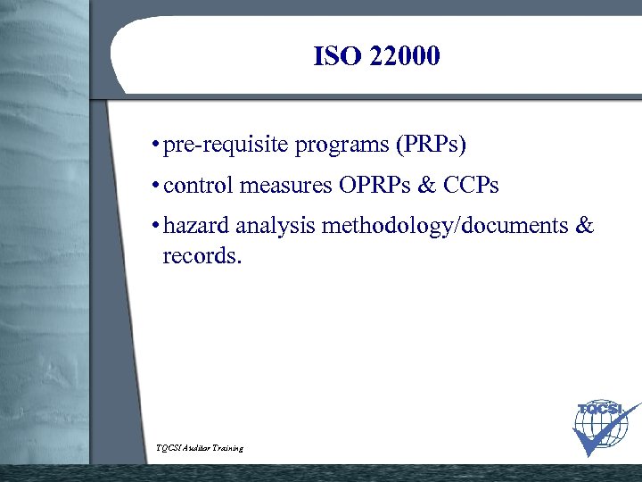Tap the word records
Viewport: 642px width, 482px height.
click(202, 258)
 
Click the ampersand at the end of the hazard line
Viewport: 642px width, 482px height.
click(585, 227)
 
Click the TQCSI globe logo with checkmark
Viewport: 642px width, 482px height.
click(605, 428)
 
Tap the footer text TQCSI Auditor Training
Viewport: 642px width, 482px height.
click(199, 447)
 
